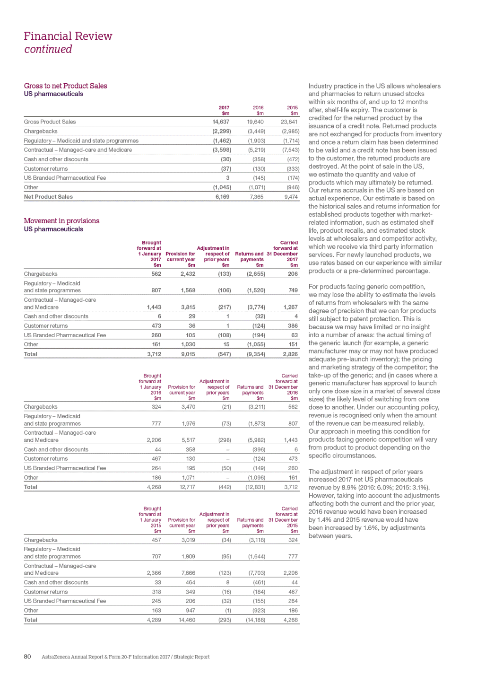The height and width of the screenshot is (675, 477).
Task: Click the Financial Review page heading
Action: coord(68,36)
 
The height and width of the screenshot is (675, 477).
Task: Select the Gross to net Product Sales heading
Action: coord(65,86)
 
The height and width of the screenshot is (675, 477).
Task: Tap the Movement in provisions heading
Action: coord(61,221)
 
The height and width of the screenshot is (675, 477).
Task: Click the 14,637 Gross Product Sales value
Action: coord(221,122)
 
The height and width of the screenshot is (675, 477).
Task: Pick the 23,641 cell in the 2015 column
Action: coord(289,122)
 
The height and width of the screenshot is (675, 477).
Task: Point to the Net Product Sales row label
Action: coord(48,197)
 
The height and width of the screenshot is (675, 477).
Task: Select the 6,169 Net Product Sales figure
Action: coord(222,197)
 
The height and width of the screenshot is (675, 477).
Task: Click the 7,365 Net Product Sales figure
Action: coord(257,197)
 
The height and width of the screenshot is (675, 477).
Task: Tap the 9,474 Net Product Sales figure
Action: coord(291,197)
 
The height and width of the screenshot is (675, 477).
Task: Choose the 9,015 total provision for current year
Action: coord(188,354)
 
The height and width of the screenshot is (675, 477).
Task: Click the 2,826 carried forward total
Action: coord(290,354)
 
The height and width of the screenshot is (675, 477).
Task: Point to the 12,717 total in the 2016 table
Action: coord(187,487)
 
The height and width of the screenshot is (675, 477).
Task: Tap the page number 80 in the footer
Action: coord(27,657)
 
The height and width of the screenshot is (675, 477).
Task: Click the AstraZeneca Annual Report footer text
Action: coord(125,657)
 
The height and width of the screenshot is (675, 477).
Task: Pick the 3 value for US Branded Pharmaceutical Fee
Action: coord(227,178)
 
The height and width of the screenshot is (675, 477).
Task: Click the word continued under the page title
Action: coord(48,49)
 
